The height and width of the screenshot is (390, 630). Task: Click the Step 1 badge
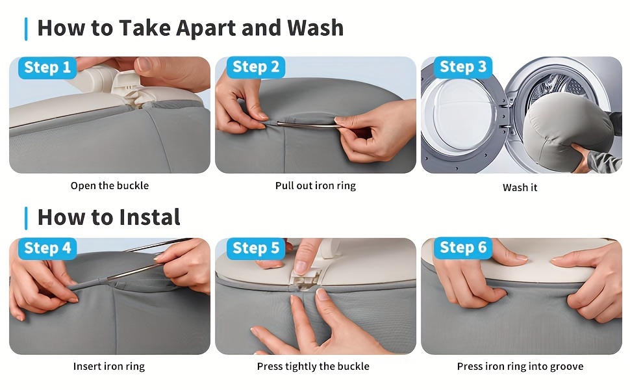[47, 68]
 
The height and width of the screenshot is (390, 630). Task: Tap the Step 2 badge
[256, 67]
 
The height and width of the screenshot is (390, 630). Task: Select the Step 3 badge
[463, 67]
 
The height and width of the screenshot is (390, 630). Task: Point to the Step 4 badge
[47, 248]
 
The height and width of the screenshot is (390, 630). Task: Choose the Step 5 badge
[256, 248]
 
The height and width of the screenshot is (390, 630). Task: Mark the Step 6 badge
[463, 248]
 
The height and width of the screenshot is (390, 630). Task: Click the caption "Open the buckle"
[110, 186]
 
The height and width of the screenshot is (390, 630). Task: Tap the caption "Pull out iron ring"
[316, 186]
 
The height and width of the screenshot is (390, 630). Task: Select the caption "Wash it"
[520, 188]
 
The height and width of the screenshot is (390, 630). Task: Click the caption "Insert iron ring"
[109, 367]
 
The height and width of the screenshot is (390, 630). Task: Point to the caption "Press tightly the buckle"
[313, 367]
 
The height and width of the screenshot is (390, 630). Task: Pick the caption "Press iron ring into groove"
[520, 367]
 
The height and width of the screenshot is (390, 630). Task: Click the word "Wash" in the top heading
[316, 28]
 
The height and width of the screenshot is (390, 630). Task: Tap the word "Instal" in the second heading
[149, 217]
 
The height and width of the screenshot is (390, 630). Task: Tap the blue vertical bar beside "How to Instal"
[26, 218]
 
